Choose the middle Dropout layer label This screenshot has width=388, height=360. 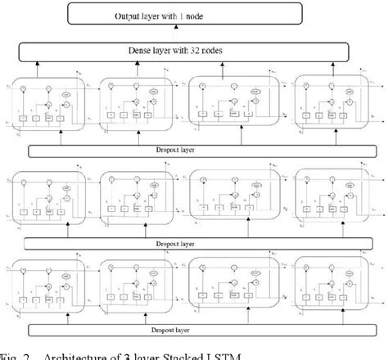point(193,243)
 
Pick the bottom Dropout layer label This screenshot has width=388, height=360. point(193,330)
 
